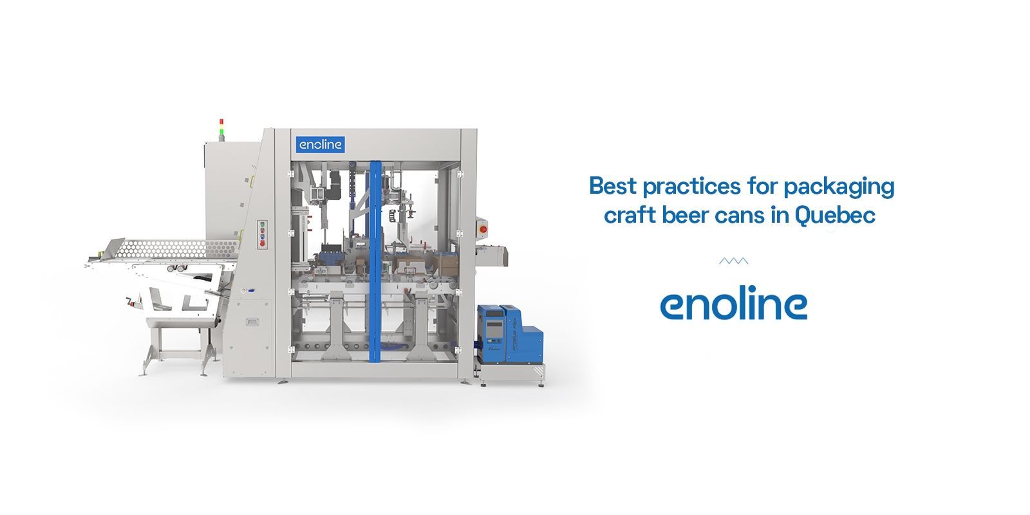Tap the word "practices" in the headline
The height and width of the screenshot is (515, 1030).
point(691,187)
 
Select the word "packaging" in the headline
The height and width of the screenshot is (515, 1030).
point(839,187)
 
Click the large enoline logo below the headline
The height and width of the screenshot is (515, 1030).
point(733,303)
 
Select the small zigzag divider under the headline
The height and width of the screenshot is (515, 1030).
point(733,261)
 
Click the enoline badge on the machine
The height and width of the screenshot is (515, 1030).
point(320,145)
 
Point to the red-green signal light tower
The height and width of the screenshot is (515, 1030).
point(221,129)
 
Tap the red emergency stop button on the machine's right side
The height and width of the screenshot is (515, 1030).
point(483,229)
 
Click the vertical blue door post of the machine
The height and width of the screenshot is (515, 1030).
point(375,261)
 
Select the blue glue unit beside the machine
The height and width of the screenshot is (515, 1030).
point(509,334)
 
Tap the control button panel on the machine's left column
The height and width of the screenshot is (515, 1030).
point(262,234)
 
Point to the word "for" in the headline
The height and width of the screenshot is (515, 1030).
point(762,186)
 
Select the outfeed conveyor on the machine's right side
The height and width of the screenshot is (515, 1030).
point(492,256)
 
